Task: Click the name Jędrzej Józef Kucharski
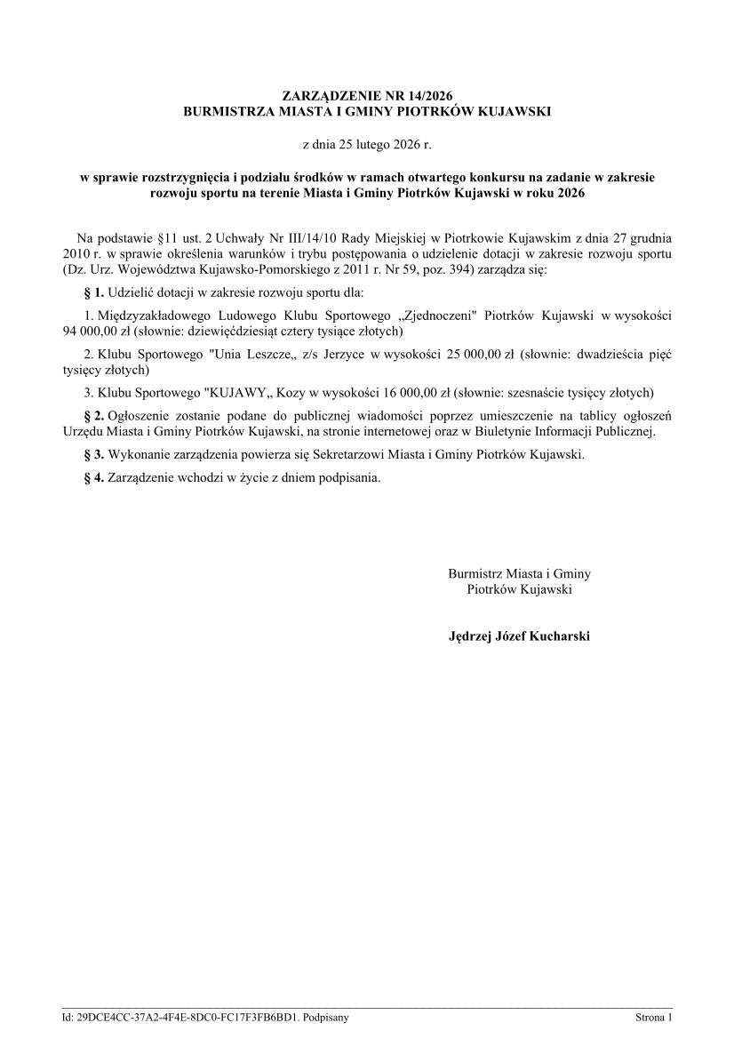[520, 636]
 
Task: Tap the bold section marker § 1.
[93, 292]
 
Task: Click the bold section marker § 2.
[93, 416]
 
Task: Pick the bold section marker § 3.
[93, 454]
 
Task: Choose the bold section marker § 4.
[93, 477]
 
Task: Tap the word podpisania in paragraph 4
[352, 477]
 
